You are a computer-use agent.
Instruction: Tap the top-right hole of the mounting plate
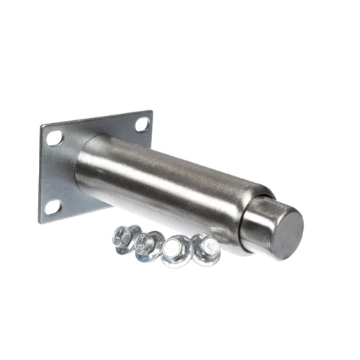[141, 125]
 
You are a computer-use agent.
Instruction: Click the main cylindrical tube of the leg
[166, 180]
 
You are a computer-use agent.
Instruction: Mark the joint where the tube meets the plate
[78, 169]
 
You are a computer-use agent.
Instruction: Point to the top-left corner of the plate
[40, 127]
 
